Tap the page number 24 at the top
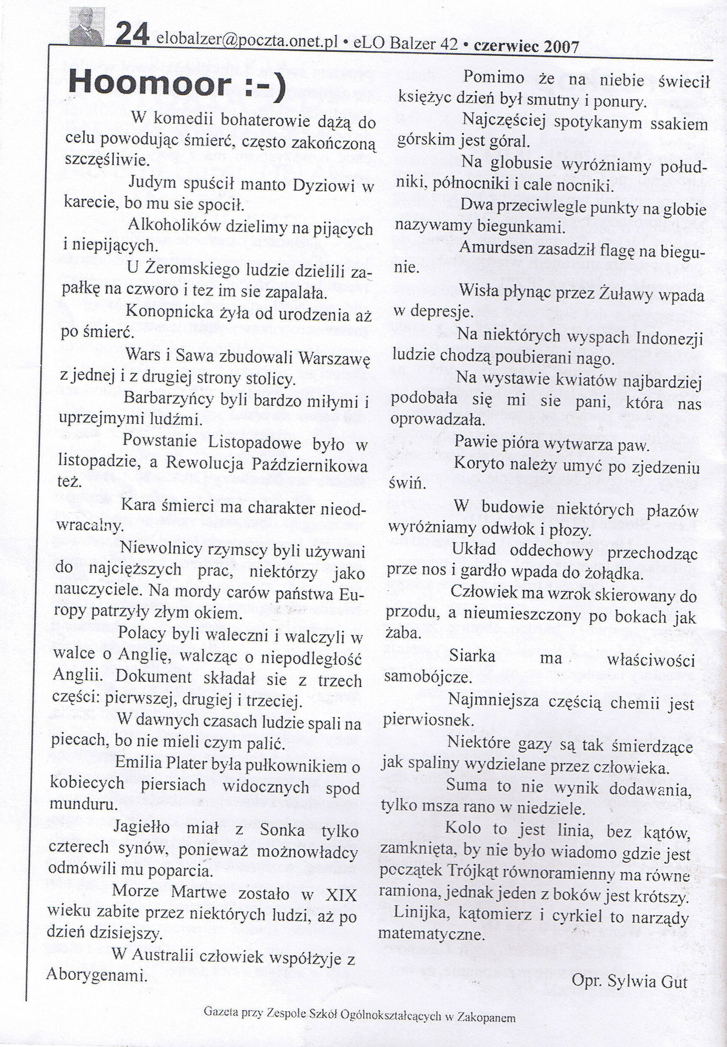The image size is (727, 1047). click(x=132, y=35)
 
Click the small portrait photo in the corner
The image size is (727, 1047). click(x=87, y=27)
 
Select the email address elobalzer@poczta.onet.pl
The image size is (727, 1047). click(x=246, y=42)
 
